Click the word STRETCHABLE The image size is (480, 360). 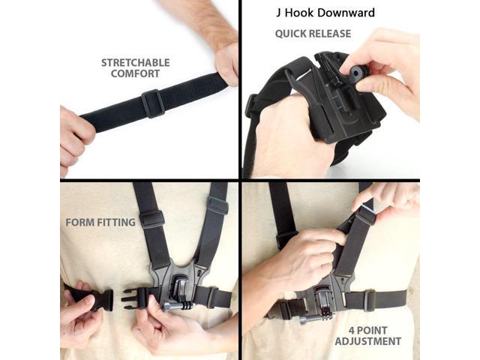136,63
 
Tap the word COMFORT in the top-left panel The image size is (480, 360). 136,74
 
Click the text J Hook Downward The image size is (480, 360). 324,13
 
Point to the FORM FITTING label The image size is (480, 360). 100,222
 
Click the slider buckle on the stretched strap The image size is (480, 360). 152,103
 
